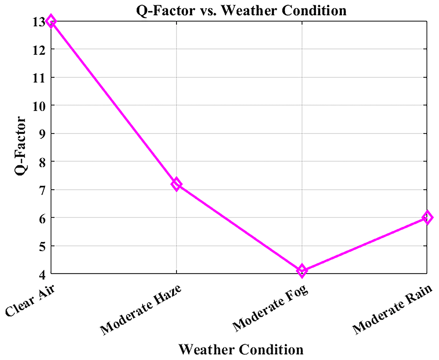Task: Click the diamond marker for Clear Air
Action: (x=50, y=21)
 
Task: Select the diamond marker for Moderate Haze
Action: (x=176, y=184)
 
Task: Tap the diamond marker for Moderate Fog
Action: (x=302, y=271)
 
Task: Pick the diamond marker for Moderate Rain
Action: (x=427, y=217)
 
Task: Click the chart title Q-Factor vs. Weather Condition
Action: (x=241, y=11)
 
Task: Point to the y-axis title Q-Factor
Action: (x=20, y=146)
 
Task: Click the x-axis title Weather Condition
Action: (x=241, y=349)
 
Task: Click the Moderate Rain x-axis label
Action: (x=392, y=309)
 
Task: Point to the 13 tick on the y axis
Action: (x=39, y=22)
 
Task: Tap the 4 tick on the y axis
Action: (x=42, y=275)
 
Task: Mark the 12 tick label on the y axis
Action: (x=39, y=50)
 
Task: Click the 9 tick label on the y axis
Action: (x=42, y=134)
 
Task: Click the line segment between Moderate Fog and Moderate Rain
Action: (x=364, y=244)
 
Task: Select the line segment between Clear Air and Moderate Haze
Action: (x=113, y=102)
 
